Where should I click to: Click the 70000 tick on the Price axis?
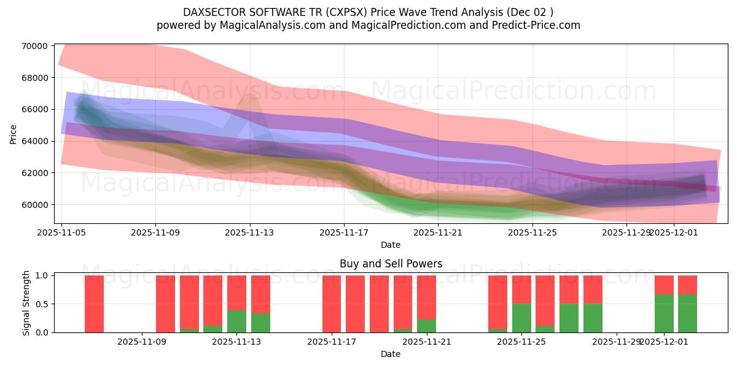(x=35, y=46)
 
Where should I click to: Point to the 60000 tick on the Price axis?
(x=35, y=204)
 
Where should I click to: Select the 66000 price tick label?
(x=35, y=109)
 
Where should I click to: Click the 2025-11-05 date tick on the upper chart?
(x=61, y=232)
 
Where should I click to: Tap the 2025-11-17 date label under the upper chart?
(x=344, y=232)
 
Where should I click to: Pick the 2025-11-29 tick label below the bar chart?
(x=616, y=342)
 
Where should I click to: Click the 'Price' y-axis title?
(x=14, y=133)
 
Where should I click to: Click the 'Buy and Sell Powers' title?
(x=391, y=264)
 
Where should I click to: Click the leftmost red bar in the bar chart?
(x=94, y=304)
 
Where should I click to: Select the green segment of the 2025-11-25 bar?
(x=521, y=318)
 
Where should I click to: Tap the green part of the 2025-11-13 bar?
(x=237, y=321)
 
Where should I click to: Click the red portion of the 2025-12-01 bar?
(x=664, y=285)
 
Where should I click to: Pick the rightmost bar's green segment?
(x=687, y=313)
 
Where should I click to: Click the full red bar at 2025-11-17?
(x=332, y=304)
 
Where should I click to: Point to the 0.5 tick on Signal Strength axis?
(x=43, y=304)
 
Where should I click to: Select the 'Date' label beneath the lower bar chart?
(x=391, y=354)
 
